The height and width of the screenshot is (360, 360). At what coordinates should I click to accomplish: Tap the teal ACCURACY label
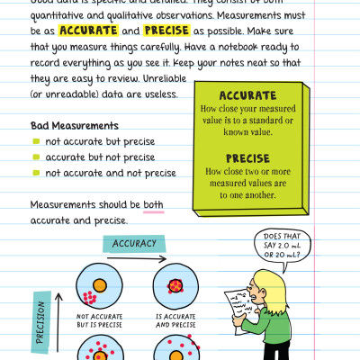tap(134, 243)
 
